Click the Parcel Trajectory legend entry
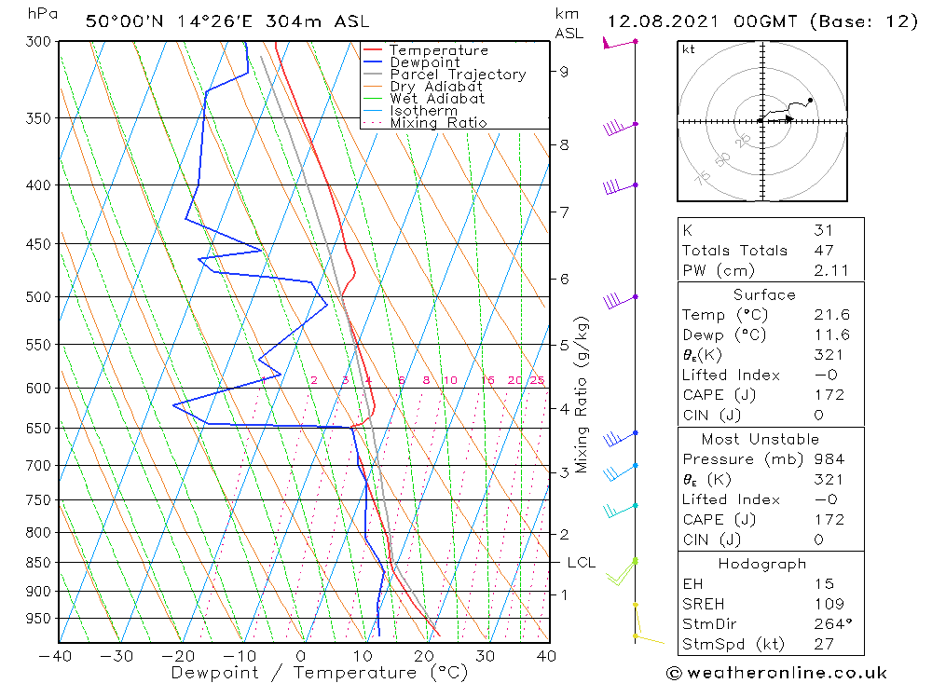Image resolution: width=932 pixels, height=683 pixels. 458,75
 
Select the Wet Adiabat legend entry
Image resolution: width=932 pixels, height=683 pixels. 437,99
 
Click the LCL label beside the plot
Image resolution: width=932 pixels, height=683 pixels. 582,563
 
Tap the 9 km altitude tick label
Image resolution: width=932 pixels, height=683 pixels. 564,71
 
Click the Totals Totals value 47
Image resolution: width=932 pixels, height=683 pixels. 823,250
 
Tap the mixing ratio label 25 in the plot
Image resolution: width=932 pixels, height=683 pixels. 537,380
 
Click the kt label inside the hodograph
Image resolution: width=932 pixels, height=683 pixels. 688,49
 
